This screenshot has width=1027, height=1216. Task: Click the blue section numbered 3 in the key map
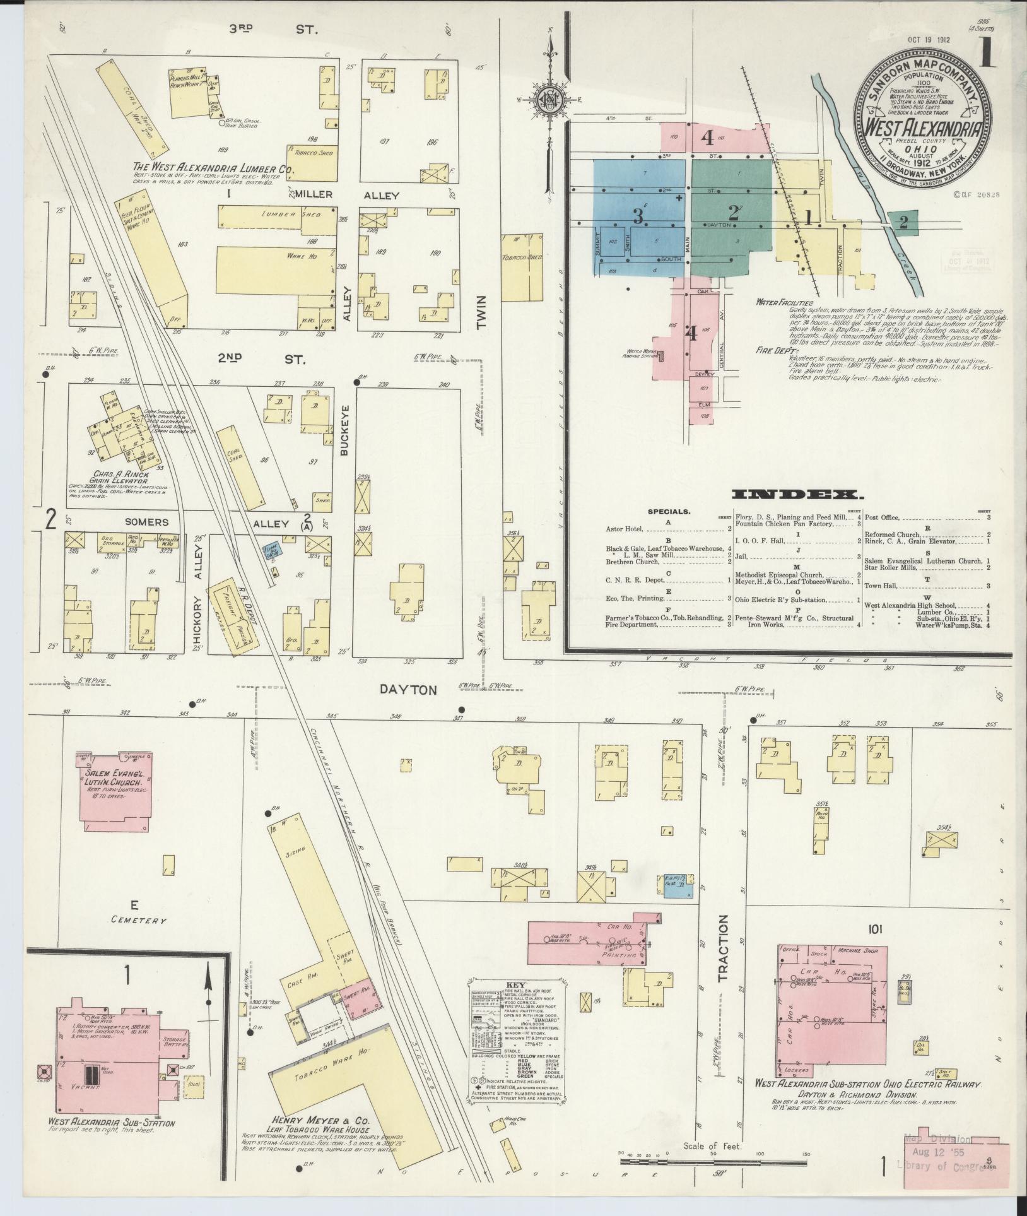638,217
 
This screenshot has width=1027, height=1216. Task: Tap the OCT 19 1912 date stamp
929,39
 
